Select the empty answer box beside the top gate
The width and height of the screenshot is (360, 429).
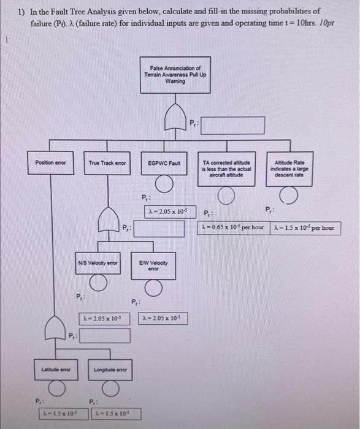233,126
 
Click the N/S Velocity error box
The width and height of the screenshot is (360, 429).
98,264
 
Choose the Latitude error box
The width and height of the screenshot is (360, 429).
56,369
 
